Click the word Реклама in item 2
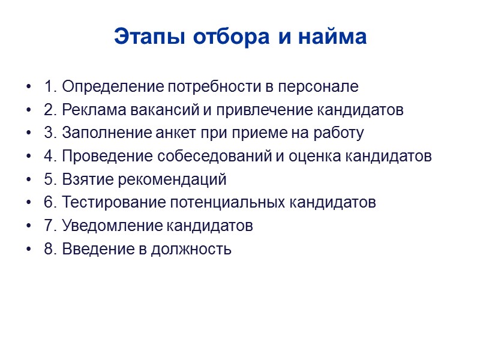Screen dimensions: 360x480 [x=91, y=110]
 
